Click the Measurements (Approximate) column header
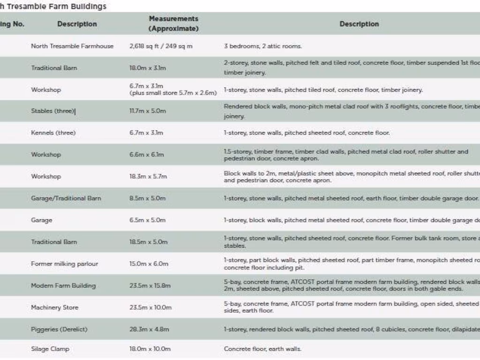[x=173, y=23]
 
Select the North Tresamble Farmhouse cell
[x=72, y=46]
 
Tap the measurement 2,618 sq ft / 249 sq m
[x=161, y=46]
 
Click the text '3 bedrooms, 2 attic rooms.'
[x=262, y=46]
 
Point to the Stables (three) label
[x=52, y=111]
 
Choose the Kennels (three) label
[x=53, y=133]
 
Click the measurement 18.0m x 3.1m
[x=147, y=68]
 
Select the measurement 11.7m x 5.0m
[x=147, y=111]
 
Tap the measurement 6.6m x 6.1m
[x=147, y=154]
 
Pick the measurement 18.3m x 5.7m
[x=148, y=176]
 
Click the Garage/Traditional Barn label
[x=66, y=198]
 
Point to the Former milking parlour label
[x=64, y=263]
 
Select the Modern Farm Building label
[x=63, y=285]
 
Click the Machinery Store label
[x=54, y=307]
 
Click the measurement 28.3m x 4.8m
[x=148, y=329]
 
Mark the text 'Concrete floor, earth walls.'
[x=262, y=349]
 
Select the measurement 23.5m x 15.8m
[x=150, y=285]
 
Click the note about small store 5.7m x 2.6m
[x=173, y=93]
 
